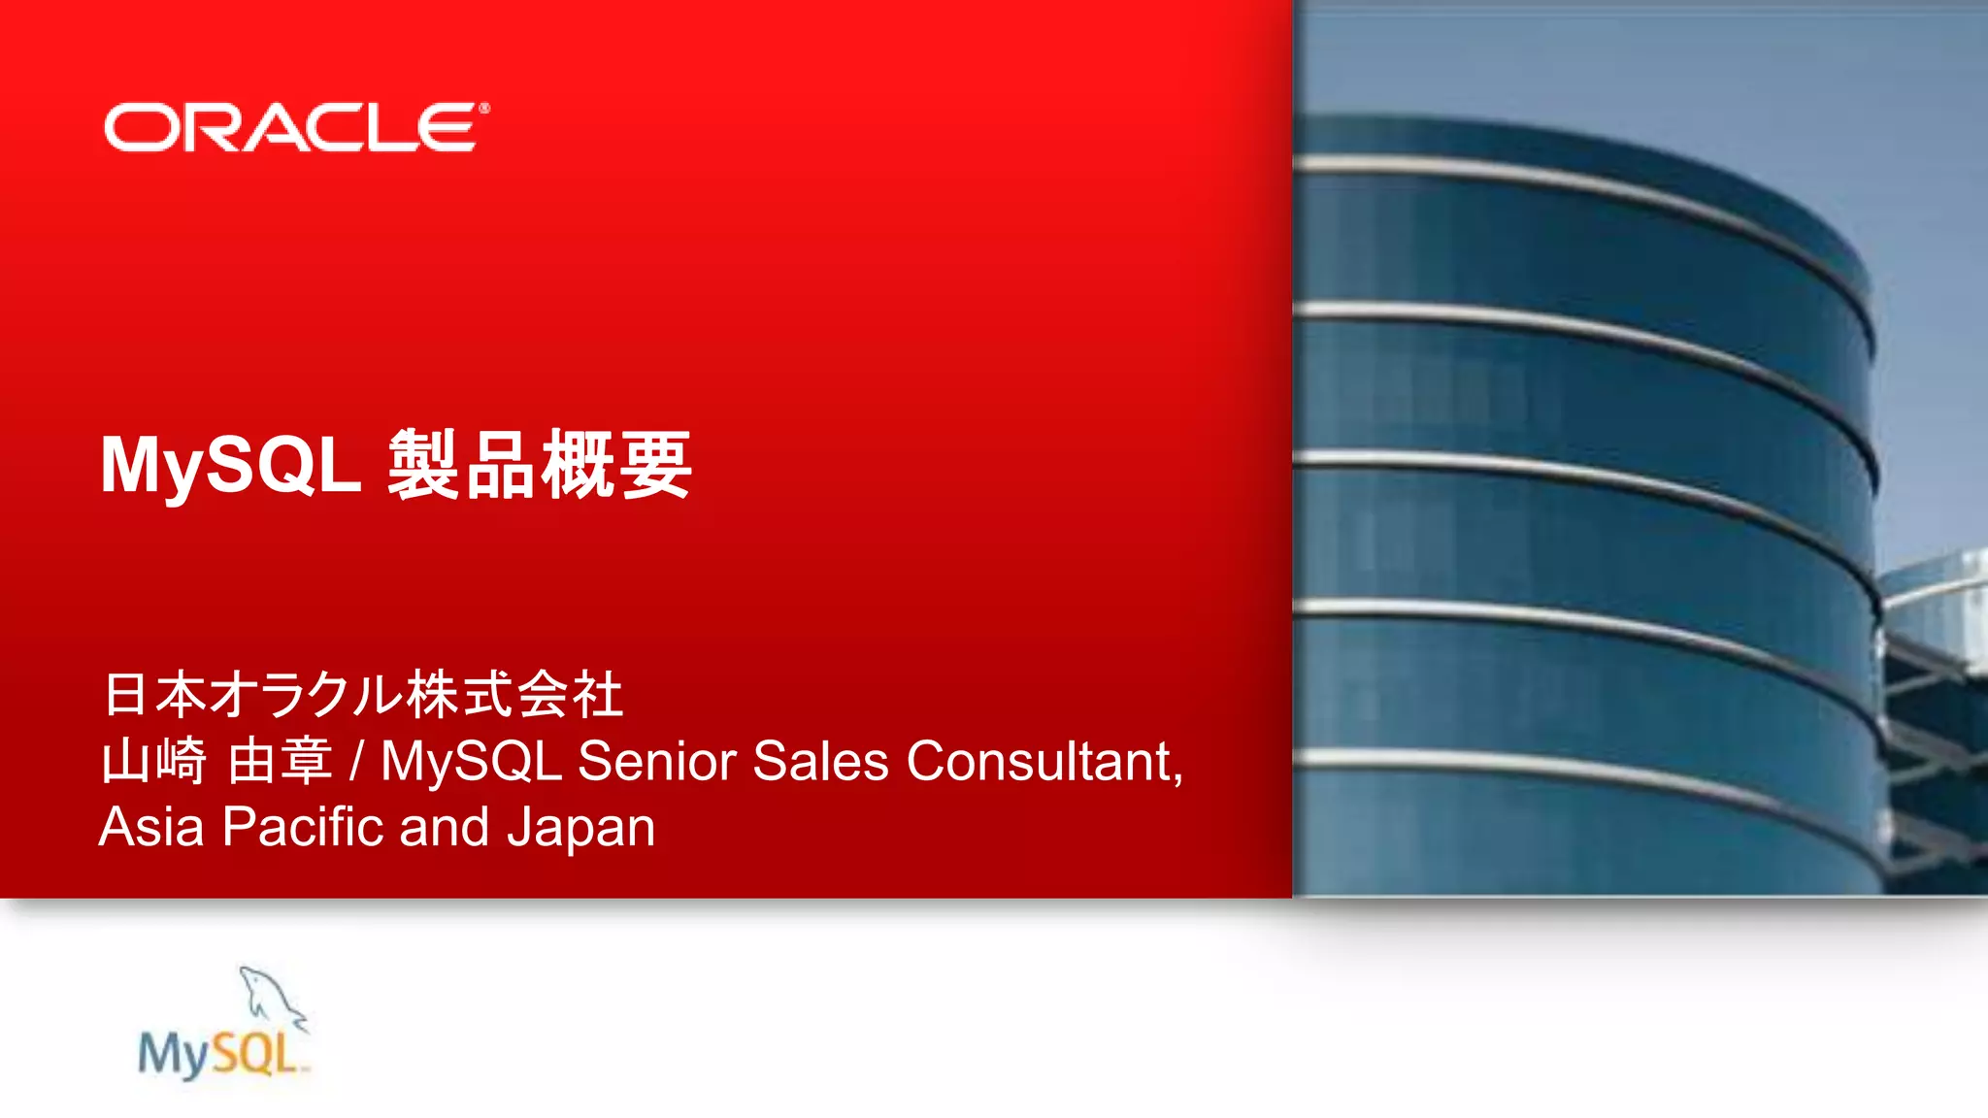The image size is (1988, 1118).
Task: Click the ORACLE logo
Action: [x=291, y=128]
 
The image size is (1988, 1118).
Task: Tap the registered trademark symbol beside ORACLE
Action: [x=483, y=108]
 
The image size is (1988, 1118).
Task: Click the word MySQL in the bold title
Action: [x=231, y=466]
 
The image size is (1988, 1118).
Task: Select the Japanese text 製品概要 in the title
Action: [x=540, y=466]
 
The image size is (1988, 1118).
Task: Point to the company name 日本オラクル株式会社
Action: [x=363, y=695]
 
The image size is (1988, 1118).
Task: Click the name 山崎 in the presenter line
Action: [x=153, y=761]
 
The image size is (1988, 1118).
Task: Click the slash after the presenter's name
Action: [x=356, y=761]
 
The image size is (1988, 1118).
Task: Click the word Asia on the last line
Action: [x=151, y=827]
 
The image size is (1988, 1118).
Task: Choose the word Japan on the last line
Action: [x=580, y=829]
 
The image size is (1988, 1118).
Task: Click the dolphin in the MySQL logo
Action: [x=272, y=995]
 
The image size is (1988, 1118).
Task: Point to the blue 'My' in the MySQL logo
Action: [x=172, y=1055]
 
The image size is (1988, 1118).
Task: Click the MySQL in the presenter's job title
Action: [x=471, y=761]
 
